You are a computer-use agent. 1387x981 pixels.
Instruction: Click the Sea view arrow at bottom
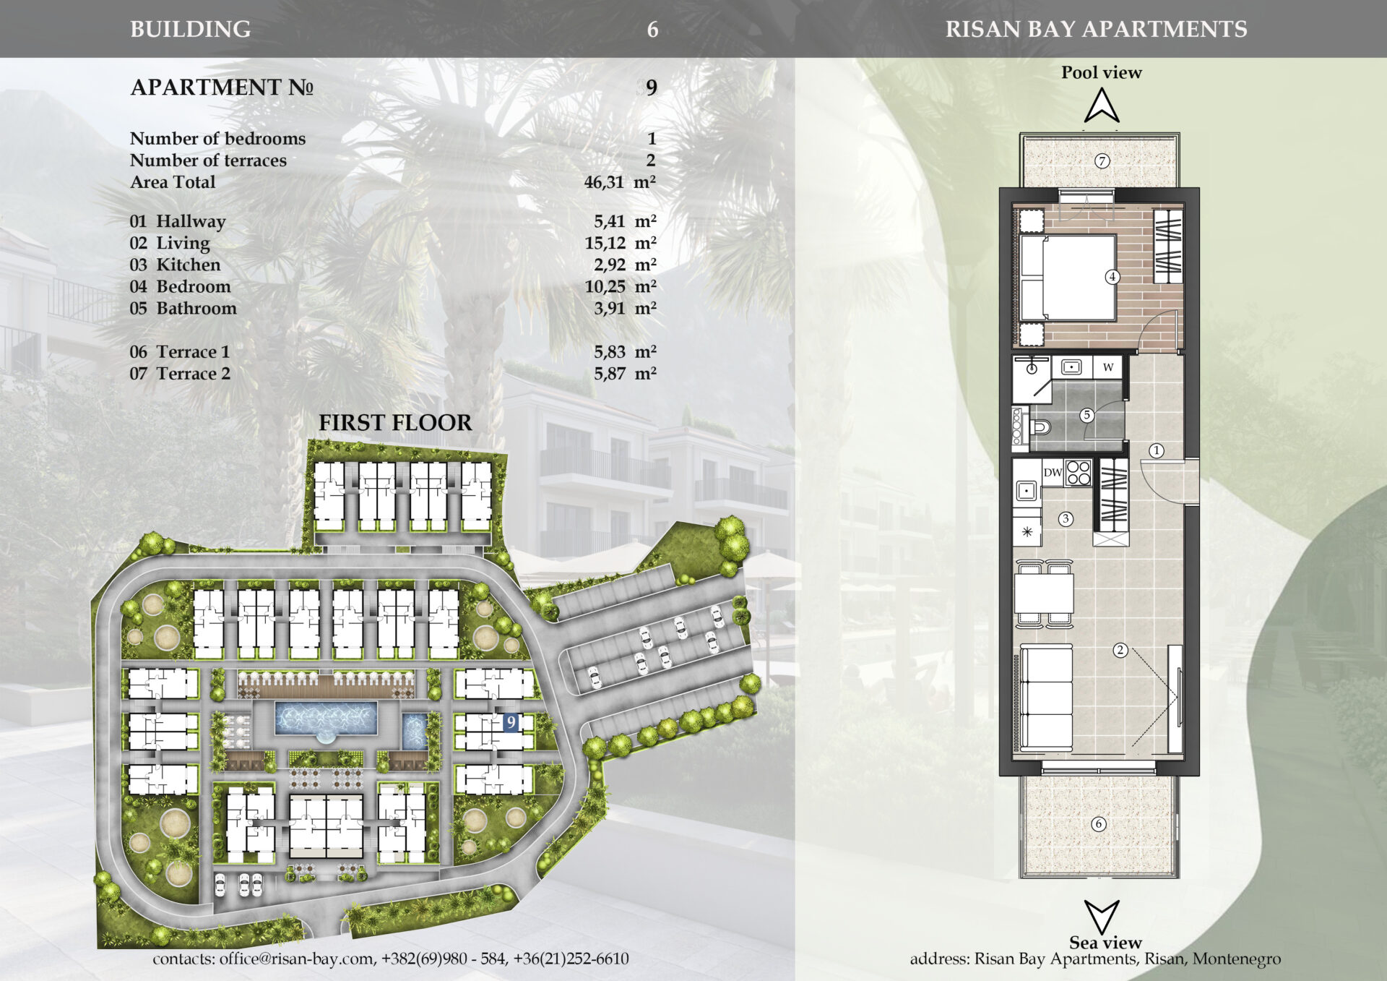point(1102,917)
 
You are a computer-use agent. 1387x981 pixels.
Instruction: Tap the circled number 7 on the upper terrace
point(1102,161)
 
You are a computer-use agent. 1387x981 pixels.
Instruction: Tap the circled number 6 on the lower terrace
point(1099,823)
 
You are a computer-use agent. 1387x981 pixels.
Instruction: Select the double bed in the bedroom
point(1068,278)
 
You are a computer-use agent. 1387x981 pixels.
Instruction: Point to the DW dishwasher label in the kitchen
point(1053,473)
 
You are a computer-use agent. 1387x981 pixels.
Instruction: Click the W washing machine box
point(1108,367)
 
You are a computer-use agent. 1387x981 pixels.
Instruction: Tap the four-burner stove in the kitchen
point(1078,472)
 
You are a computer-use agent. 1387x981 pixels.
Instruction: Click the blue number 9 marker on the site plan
point(511,722)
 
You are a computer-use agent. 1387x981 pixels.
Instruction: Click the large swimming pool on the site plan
point(326,718)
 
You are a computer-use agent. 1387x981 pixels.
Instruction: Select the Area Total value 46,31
point(604,182)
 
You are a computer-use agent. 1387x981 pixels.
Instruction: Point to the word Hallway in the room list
point(191,221)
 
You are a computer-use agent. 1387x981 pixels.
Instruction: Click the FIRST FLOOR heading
point(395,423)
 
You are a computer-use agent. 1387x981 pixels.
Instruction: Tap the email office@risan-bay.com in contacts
point(297,959)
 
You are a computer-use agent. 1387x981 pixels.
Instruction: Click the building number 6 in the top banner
point(652,30)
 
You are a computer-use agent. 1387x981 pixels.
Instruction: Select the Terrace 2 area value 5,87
point(610,374)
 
